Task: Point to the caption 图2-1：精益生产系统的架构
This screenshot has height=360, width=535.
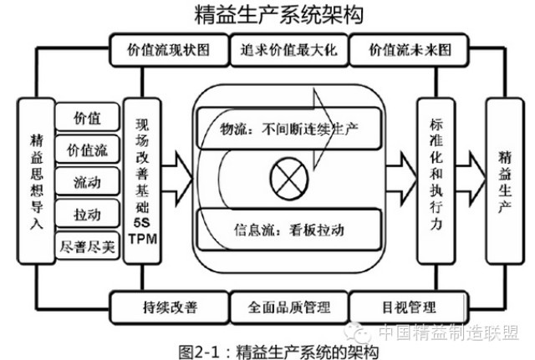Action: (x=272, y=347)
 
